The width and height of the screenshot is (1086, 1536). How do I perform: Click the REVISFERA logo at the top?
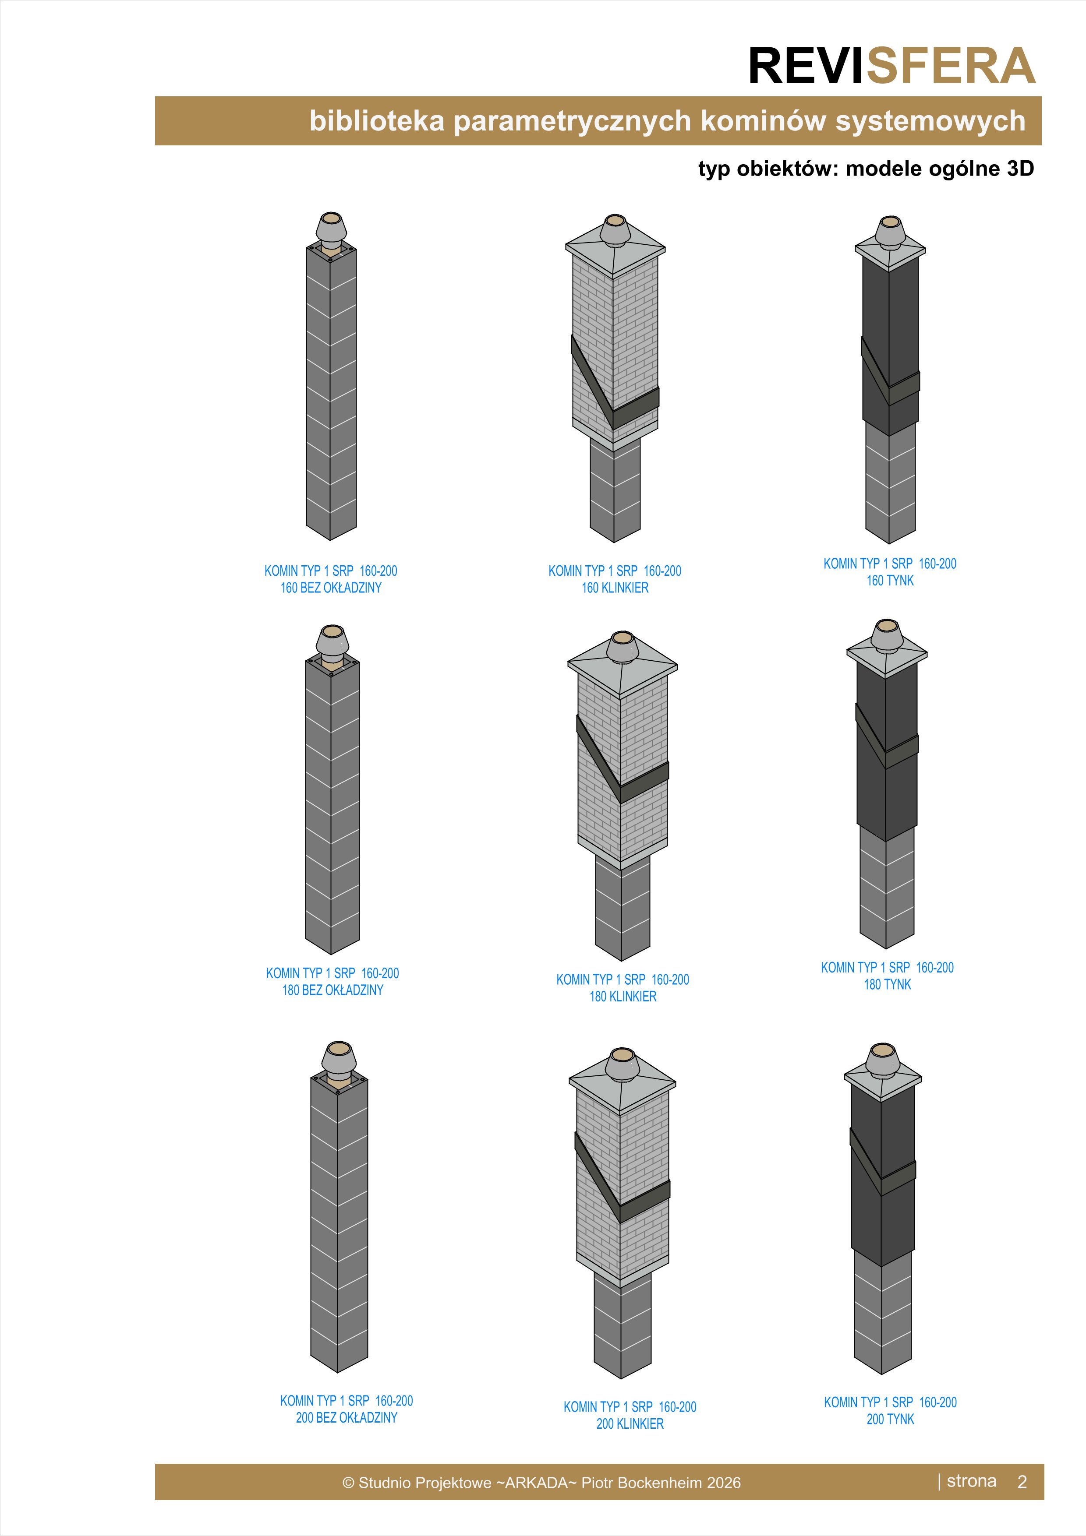tap(892, 66)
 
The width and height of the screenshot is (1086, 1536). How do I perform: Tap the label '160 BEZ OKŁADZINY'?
tap(331, 587)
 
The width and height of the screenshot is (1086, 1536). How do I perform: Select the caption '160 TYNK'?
tap(890, 581)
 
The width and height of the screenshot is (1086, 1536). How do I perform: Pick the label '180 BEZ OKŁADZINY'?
tap(333, 990)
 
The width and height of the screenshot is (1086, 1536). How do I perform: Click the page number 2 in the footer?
tap(1022, 1482)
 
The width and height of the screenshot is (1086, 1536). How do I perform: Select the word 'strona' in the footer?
tap(972, 1481)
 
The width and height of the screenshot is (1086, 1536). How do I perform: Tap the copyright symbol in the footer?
tap(348, 1483)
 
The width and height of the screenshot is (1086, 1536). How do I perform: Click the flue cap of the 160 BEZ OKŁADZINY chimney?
tap(331, 229)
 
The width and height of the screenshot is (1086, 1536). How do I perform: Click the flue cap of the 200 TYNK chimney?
tap(883, 1061)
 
